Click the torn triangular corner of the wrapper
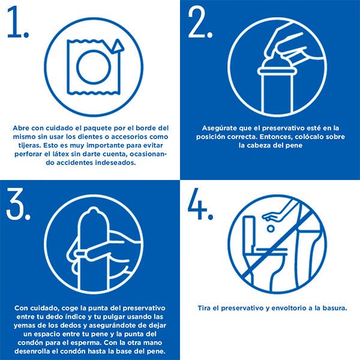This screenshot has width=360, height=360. (118, 46)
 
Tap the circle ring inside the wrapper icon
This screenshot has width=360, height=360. (94, 67)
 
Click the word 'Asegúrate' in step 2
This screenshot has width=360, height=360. (217, 128)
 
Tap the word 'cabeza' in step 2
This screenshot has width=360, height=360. (259, 145)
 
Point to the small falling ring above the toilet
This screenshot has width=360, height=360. (271, 229)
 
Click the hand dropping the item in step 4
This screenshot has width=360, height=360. (274, 215)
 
